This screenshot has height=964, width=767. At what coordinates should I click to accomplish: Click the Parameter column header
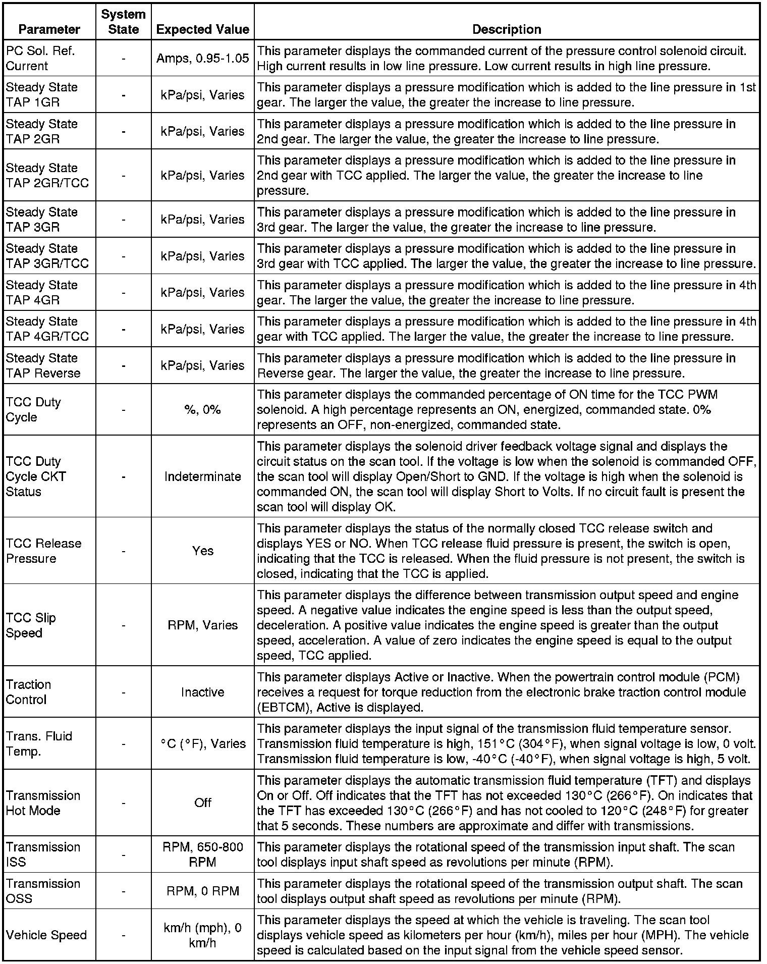pyautogui.click(x=49, y=29)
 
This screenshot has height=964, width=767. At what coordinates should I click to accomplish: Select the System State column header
pyautogui.click(x=123, y=22)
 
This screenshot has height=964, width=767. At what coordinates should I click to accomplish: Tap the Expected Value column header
pyautogui.click(x=202, y=29)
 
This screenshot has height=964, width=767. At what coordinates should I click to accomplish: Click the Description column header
pyautogui.click(x=507, y=29)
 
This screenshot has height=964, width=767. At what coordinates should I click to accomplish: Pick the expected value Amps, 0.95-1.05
pyautogui.click(x=202, y=58)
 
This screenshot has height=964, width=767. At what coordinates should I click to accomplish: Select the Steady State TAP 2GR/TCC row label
pyautogui.click(x=47, y=175)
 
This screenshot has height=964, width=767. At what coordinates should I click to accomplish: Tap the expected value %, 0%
pyautogui.click(x=202, y=409)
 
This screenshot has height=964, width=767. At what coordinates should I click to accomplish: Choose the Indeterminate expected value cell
pyautogui.click(x=202, y=476)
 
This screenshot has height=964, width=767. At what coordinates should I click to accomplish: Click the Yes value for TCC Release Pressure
pyautogui.click(x=202, y=551)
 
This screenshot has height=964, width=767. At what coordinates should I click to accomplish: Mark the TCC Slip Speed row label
pyautogui.click(x=31, y=625)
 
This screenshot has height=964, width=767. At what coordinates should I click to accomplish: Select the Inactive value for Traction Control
pyautogui.click(x=202, y=692)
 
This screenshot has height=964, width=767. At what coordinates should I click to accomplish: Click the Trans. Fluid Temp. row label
pyautogui.click(x=39, y=743)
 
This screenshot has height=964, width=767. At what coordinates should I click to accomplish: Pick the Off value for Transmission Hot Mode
pyautogui.click(x=202, y=802)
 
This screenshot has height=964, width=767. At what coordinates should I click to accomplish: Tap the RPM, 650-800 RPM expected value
pyautogui.click(x=202, y=854)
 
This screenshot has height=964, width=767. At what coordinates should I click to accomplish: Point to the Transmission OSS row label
pyautogui.click(x=43, y=891)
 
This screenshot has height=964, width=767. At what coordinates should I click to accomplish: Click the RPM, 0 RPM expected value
pyautogui.click(x=202, y=891)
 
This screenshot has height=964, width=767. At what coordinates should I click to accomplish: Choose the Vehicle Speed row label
pyautogui.click(x=46, y=935)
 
